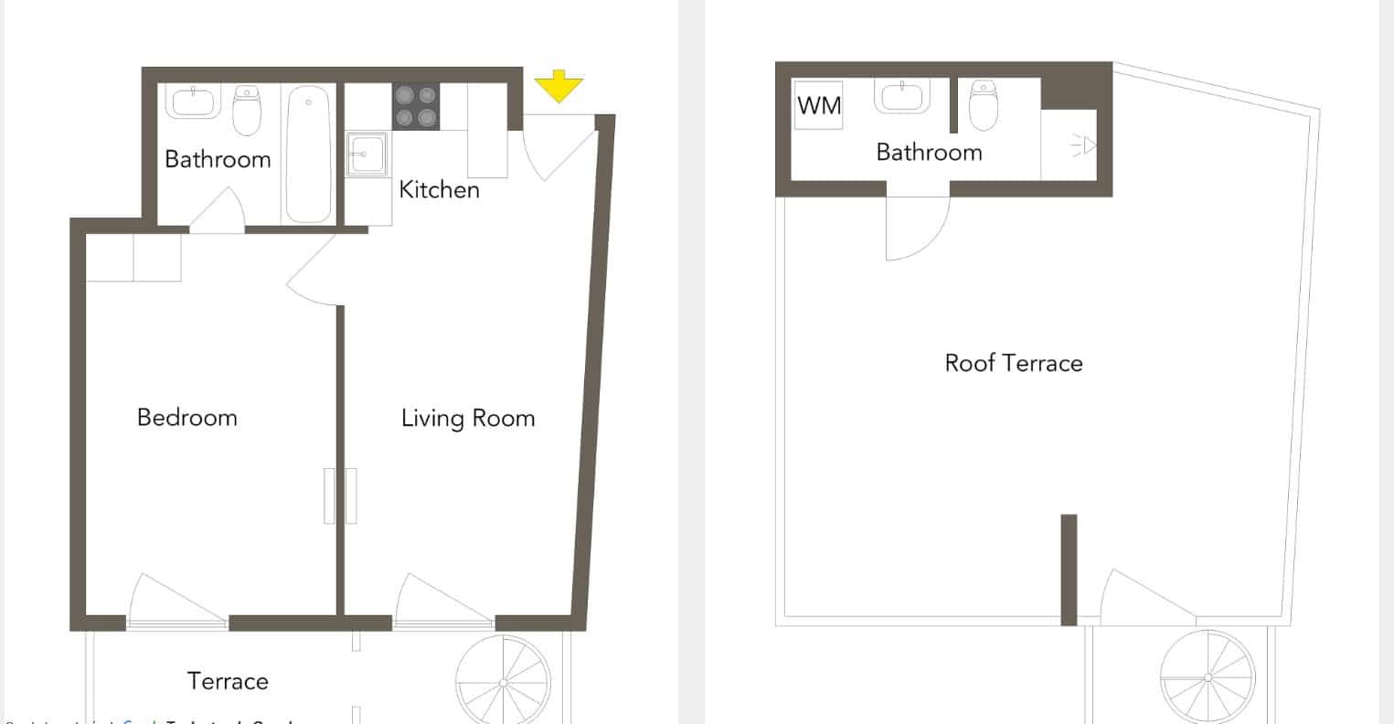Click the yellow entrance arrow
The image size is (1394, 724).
point(559,88)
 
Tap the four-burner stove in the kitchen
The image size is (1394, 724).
point(416,106)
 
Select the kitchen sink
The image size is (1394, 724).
point(368,154)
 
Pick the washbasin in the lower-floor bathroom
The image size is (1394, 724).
point(193,101)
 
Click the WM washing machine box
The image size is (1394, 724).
point(819,105)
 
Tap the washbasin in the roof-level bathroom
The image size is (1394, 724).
point(903,96)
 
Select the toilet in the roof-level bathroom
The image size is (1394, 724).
point(983,105)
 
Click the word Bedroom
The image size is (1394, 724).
point(187,418)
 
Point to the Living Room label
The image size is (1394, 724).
point(468,419)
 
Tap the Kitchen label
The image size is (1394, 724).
point(440,190)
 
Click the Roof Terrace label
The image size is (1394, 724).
point(1014,363)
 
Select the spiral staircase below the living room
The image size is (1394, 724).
point(504,682)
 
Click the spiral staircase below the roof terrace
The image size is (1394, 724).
point(1208,677)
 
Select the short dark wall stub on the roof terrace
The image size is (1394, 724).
point(1069,570)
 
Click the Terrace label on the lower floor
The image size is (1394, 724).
point(228,681)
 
